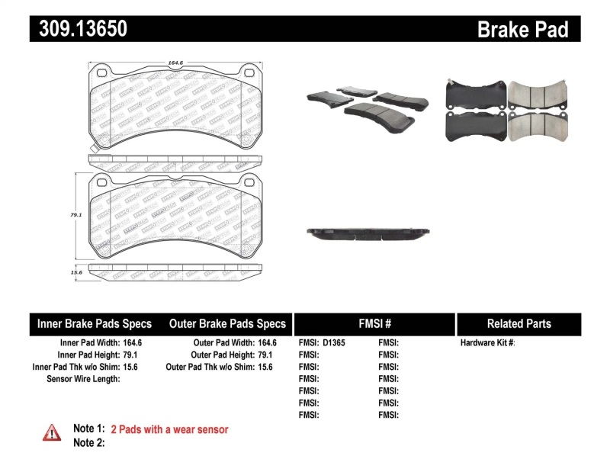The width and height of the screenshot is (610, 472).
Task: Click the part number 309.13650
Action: point(79,29)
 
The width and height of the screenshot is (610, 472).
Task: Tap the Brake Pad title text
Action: point(522,29)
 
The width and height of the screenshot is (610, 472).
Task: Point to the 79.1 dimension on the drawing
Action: point(75,215)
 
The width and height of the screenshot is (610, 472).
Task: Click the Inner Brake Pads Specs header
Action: point(95,324)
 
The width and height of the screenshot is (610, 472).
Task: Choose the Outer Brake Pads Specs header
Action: point(227,324)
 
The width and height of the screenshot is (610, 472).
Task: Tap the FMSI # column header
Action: point(374,324)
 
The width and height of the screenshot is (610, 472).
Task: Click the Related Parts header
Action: point(518,324)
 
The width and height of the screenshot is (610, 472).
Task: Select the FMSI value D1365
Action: point(334,343)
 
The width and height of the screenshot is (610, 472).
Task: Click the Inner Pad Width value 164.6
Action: point(134,343)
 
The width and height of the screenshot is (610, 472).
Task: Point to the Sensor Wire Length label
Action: point(83,378)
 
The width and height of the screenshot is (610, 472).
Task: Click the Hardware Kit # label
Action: point(487,343)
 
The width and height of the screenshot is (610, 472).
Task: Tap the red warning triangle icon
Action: point(51,432)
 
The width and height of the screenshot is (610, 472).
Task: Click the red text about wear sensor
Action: point(169,429)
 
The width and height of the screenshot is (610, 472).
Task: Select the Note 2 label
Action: point(88,442)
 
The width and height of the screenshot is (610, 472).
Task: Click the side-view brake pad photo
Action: point(368,232)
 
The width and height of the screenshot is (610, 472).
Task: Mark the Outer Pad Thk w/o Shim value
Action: point(266,367)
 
